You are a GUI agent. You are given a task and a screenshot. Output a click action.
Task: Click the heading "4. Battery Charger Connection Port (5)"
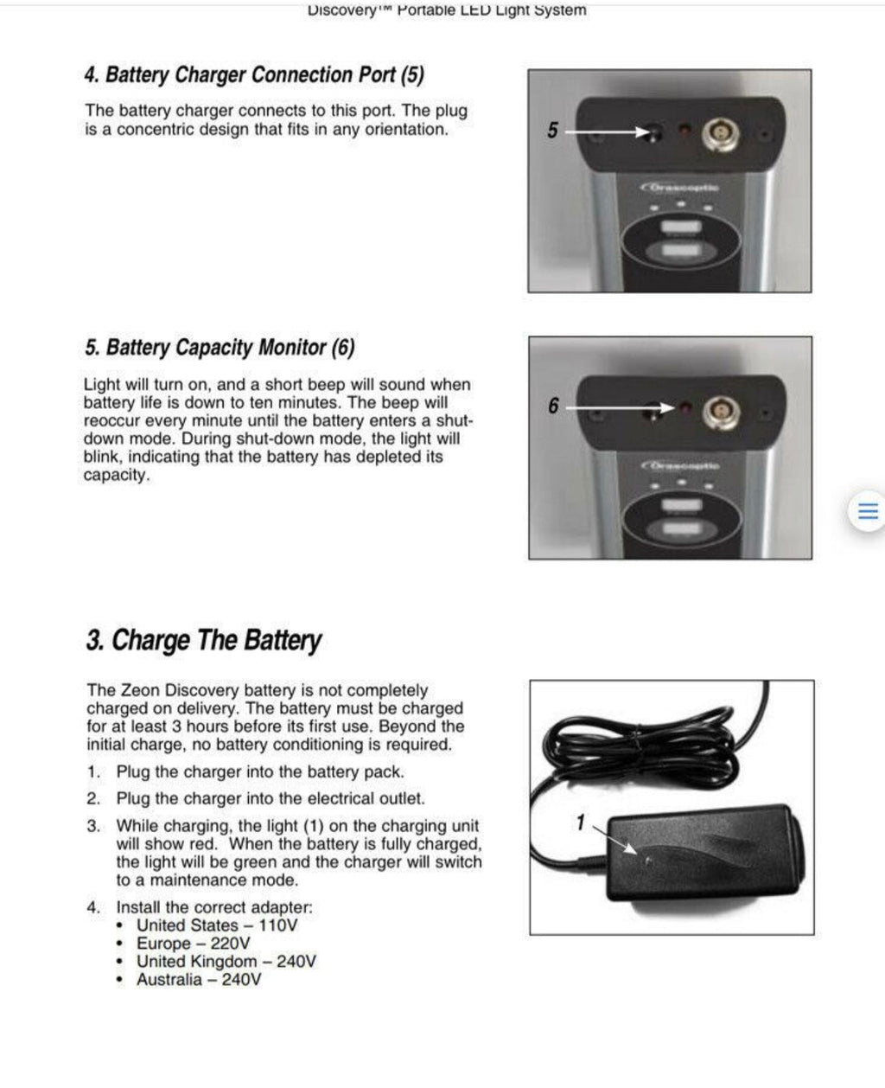click(254, 75)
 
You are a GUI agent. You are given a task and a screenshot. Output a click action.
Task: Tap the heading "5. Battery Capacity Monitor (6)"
click(220, 348)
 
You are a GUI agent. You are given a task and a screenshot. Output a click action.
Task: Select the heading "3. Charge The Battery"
click(203, 641)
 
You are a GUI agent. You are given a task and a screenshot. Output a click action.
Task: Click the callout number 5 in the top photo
click(553, 131)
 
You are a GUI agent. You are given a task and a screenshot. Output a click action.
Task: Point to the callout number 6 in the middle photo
click(553, 406)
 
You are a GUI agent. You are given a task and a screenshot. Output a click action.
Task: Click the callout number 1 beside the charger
click(581, 822)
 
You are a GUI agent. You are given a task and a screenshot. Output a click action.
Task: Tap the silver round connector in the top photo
click(719, 132)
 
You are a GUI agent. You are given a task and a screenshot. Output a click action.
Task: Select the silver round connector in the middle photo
click(719, 408)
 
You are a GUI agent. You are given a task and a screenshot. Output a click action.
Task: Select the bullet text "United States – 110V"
click(217, 925)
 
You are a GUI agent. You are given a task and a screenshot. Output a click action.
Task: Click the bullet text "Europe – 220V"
click(194, 944)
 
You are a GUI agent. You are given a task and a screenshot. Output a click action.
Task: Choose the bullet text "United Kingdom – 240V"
click(226, 962)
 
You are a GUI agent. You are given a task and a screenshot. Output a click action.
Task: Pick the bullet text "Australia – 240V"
click(198, 980)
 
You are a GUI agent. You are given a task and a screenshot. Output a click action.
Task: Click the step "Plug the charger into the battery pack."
click(259, 771)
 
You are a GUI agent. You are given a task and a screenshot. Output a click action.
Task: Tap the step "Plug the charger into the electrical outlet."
click(270, 798)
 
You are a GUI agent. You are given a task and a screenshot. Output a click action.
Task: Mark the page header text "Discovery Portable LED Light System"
click(446, 10)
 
